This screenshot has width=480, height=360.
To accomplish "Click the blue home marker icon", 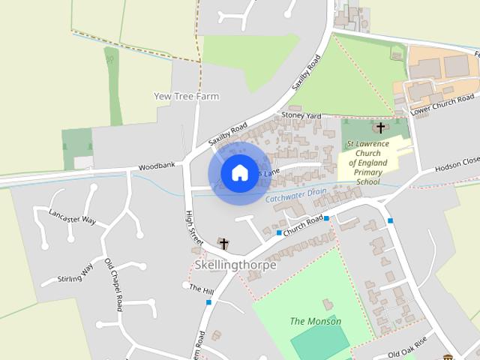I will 238,173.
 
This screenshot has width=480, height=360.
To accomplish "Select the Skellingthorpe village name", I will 235,265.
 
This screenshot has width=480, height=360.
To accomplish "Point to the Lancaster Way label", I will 73,215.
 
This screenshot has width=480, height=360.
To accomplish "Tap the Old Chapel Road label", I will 113,286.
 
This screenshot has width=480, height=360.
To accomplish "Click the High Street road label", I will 193,229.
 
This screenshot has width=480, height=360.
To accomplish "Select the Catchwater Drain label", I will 295,195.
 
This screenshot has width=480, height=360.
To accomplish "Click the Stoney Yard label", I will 301,115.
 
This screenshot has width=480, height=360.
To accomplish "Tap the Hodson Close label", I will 457,163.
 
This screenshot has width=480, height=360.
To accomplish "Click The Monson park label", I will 315,321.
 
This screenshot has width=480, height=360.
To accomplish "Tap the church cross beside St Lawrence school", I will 381,127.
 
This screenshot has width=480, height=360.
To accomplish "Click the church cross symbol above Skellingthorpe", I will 223,243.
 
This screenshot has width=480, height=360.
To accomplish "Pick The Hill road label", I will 201,289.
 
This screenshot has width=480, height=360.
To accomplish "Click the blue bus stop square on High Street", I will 208,302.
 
